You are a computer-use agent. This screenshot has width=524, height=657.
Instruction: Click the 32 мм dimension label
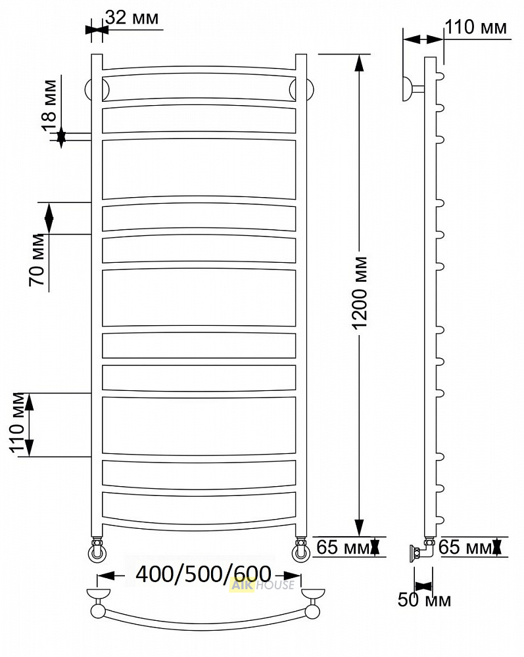[x=132, y=18]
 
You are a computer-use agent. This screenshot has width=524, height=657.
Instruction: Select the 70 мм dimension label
[x=37, y=260]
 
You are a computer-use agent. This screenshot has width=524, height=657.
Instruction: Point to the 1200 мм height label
[x=360, y=293]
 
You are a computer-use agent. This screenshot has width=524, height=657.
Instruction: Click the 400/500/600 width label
[x=203, y=574]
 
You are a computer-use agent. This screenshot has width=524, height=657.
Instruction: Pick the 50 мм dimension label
[x=424, y=600]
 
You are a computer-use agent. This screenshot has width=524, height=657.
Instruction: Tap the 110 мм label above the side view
[x=476, y=27]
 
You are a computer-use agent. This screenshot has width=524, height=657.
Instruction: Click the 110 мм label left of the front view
[x=18, y=422]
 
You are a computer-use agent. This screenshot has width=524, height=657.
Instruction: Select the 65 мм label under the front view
[x=343, y=547]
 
